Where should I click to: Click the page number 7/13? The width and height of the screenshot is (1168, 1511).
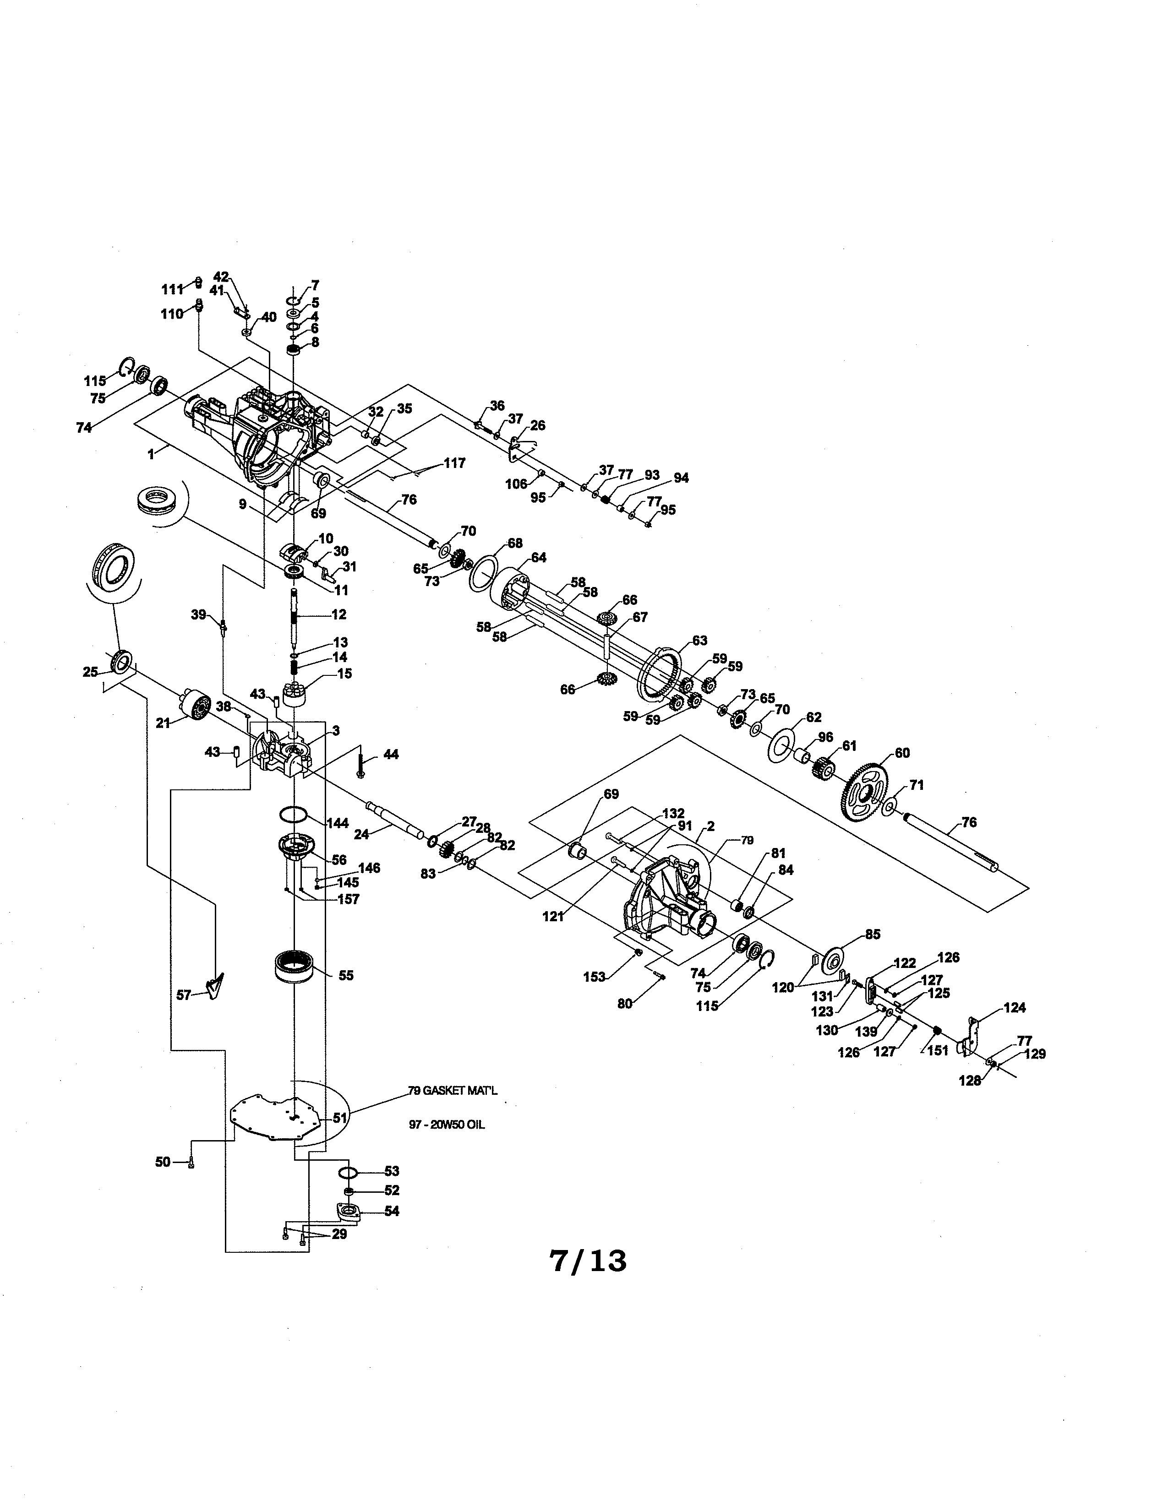tap(588, 1261)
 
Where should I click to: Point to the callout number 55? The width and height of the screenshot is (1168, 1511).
tap(346, 975)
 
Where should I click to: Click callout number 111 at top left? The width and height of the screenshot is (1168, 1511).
tap(172, 289)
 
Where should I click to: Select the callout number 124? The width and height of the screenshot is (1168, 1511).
tap(1015, 1008)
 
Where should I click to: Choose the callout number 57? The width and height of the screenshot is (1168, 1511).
tap(183, 995)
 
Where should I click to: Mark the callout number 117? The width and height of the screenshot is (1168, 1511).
tap(455, 463)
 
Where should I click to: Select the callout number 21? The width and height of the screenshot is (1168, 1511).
tap(164, 723)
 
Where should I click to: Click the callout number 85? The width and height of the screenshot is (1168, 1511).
tap(873, 935)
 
